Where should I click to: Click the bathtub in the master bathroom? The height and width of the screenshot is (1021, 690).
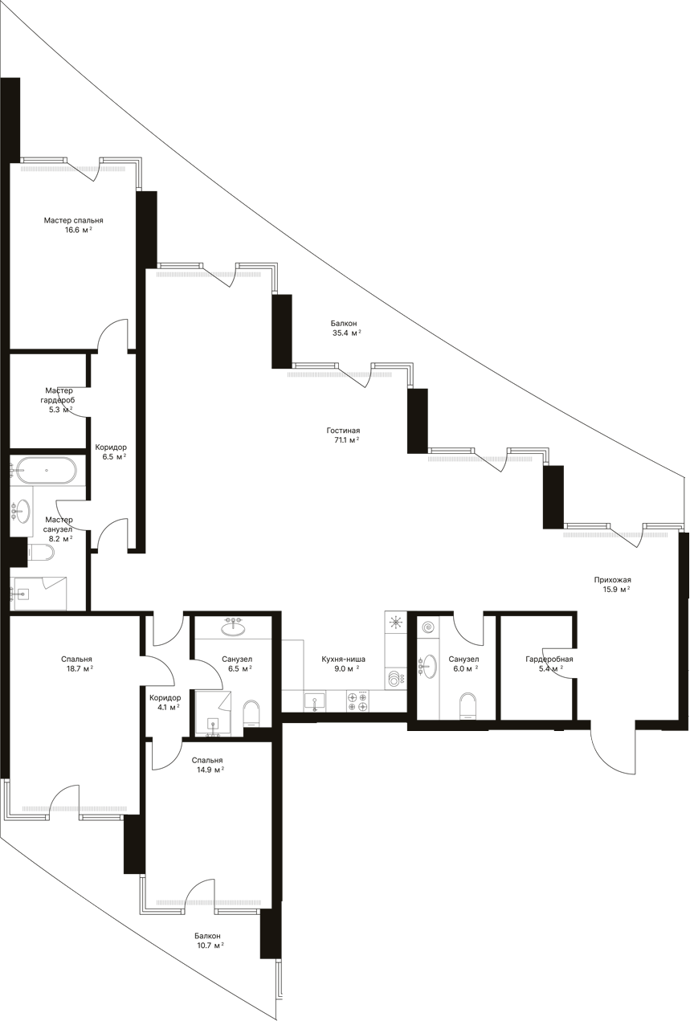45,471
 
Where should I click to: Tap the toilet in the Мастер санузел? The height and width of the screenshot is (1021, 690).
40,553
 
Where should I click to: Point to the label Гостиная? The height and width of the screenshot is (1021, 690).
343,431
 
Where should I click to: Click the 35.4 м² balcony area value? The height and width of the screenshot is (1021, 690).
346,333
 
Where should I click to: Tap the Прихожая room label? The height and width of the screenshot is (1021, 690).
612,580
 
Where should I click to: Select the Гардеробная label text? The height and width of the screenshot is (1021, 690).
549,659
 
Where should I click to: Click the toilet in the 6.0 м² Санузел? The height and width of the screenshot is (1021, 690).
467,705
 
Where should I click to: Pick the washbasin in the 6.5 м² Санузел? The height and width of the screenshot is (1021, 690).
233,630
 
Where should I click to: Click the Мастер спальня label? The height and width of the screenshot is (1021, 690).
73,220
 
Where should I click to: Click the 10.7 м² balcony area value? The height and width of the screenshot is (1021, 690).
210,945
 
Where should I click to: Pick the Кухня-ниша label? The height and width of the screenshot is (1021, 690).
343,659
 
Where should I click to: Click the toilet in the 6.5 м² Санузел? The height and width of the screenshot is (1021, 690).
251,713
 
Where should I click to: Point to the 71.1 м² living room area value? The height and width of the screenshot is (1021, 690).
346,440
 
